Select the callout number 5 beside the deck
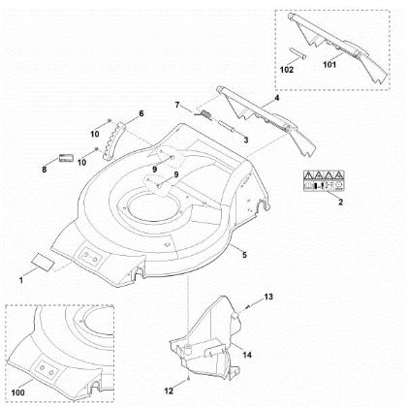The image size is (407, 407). [x=243, y=254]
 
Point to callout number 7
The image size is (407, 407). [x=177, y=104]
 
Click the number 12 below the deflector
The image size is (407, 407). [x=182, y=375]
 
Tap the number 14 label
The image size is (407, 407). [x=247, y=356]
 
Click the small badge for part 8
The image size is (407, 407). [x=66, y=155]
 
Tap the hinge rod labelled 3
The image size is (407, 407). [x=230, y=126]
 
